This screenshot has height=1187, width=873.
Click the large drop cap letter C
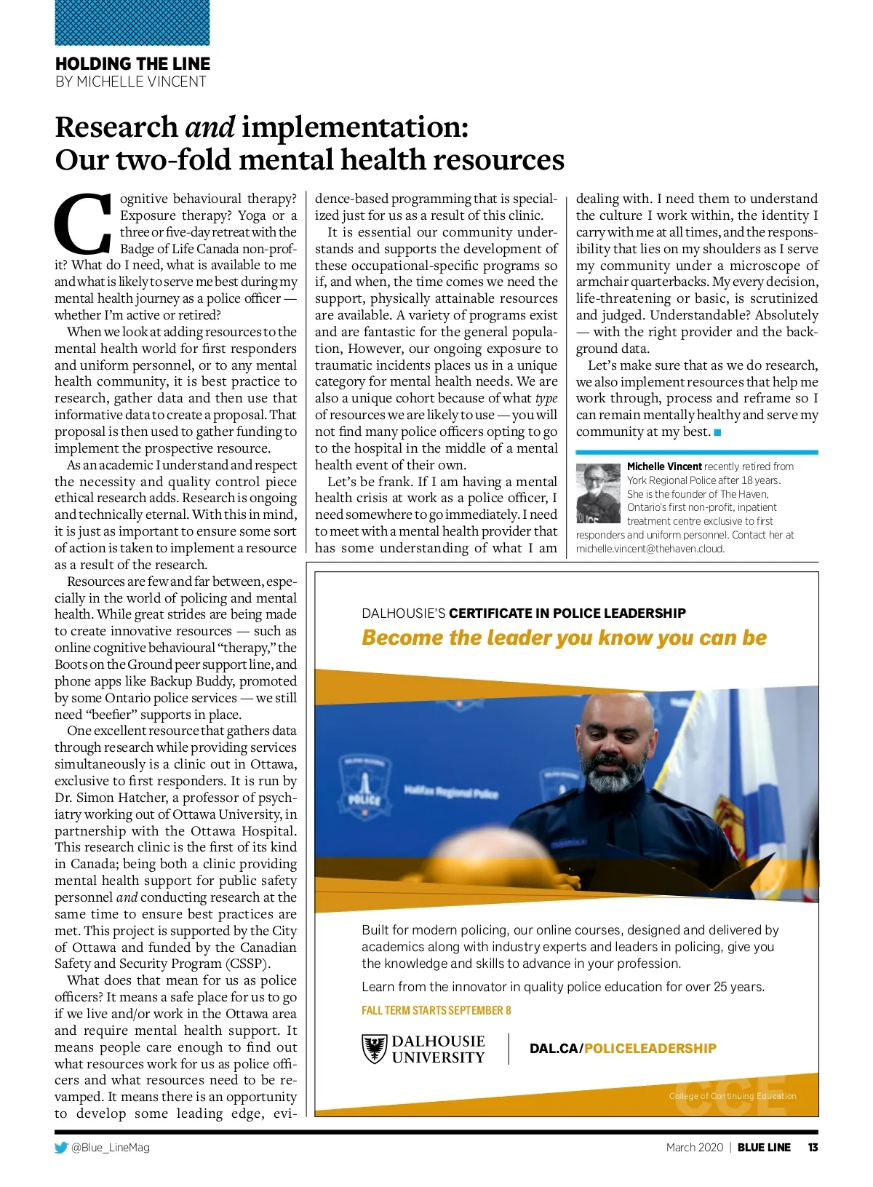pos(83,221)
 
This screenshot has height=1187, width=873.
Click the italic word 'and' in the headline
pos(210,127)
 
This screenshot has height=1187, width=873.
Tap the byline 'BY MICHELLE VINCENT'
pos(131,82)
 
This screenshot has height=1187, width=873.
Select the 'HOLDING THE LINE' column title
pos(132,64)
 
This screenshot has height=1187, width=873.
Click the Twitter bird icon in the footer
pos(61,1148)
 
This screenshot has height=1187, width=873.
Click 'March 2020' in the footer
pos(694,1148)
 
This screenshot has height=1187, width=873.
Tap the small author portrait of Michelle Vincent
pos(598,493)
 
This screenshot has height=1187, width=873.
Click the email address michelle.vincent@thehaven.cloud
pos(650,549)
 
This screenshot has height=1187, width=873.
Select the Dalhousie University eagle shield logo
pos(374,1049)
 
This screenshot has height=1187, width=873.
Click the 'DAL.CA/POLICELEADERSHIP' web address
pos(623,1048)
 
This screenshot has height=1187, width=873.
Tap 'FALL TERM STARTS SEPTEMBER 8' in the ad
pos(436,1010)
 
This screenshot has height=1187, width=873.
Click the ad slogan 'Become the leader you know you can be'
pos(564,638)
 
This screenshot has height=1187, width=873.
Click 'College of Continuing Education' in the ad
pos(732,1096)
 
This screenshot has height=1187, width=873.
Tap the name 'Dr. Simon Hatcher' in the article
pos(110,798)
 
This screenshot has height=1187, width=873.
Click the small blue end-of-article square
pos(717,432)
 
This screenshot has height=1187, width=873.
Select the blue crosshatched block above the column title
pos(132,23)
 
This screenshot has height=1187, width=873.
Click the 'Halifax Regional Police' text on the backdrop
pos(450,791)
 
